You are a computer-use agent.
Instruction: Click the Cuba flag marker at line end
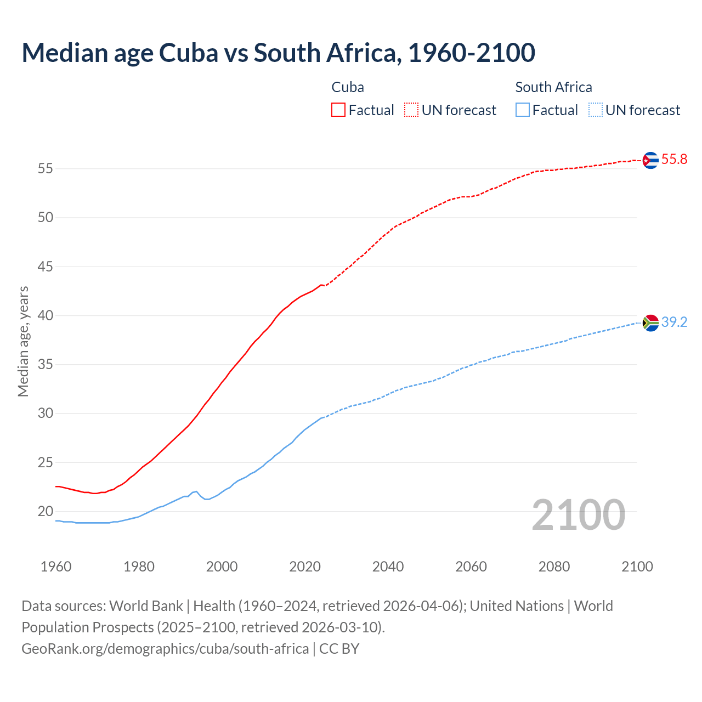pos(650,160)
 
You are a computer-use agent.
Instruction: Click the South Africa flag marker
pos(650,323)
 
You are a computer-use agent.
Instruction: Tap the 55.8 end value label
pos(674,160)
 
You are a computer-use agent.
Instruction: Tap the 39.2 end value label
pos(674,322)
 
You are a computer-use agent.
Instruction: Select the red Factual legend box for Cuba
pos(338,110)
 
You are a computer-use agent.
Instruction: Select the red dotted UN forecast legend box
pos(411,110)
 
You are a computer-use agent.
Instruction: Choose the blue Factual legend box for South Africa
pos(523,110)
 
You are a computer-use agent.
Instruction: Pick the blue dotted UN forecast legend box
pos(595,110)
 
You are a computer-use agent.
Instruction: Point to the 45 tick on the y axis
pos(46,267)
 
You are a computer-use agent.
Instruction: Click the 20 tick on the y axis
pos(46,512)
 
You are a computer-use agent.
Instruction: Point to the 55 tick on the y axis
pos(46,169)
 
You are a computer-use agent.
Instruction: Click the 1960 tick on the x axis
pos(56,567)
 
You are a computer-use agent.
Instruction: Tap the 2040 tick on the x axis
pos(388,567)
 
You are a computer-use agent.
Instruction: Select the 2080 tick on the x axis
pos(554,567)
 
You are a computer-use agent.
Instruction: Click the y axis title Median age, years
pos(23,341)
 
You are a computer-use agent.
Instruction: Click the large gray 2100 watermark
pos(578,514)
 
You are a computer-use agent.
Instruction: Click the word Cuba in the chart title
pos(188,53)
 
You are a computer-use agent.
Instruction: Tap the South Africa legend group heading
pos(553,87)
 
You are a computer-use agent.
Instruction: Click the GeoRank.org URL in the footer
pos(165,649)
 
